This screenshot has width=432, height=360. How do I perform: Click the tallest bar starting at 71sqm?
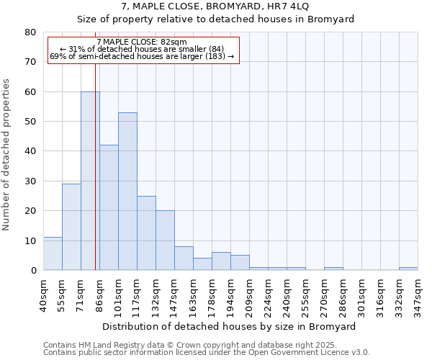click(90, 181)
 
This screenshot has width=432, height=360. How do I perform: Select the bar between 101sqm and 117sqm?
click(127, 191)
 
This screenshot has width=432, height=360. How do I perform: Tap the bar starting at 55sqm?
click(71, 227)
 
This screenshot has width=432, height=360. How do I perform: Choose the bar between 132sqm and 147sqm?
click(165, 240)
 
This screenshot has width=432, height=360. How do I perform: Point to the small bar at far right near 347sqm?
click(408, 269)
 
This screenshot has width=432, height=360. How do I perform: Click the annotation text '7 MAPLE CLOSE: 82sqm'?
click(142, 42)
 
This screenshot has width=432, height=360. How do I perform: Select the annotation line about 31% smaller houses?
click(142, 49)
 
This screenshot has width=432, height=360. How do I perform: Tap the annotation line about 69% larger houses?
click(142, 56)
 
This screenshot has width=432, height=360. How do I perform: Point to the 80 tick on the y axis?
click(30, 32)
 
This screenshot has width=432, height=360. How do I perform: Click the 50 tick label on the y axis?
click(30, 122)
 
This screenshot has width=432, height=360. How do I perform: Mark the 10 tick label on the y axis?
click(30, 240)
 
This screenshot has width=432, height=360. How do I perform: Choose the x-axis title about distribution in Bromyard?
click(230, 326)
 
